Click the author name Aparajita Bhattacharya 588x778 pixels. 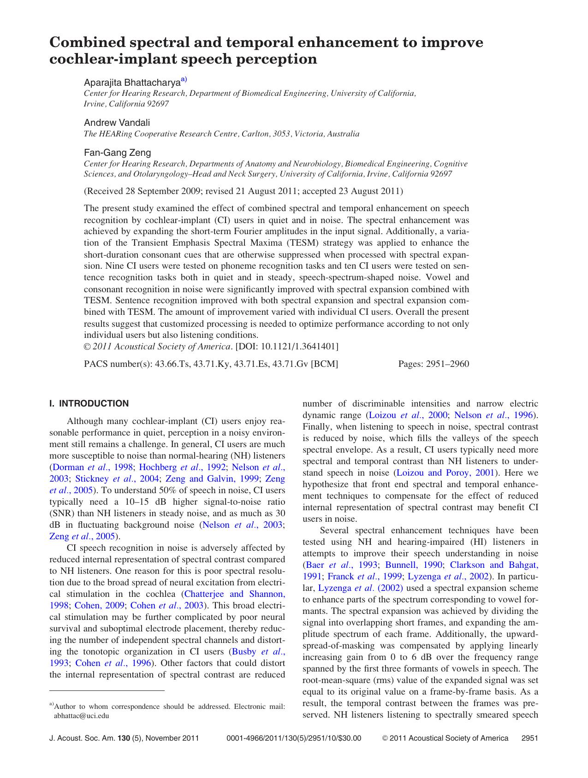[x=131, y=83]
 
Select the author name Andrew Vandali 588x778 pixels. [x=117, y=123]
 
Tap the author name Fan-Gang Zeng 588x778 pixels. [x=117, y=153]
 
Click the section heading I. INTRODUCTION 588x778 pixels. [x=89, y=404]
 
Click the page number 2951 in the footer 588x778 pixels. [x=529, y=738]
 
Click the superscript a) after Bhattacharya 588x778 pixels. [x=184, y=80]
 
